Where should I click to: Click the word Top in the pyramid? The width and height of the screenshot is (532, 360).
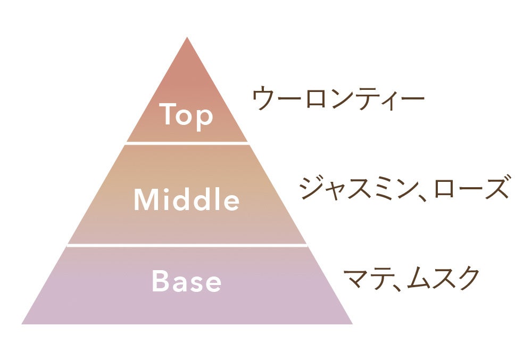[186, 115]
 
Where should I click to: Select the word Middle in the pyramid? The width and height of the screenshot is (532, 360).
[186, 200]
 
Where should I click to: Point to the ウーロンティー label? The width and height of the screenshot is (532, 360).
[338, 99]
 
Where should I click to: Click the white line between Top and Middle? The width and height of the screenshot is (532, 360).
[187, 143]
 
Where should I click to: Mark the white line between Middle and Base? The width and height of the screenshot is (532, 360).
[187, 246]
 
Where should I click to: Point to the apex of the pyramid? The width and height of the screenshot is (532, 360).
[187, 38]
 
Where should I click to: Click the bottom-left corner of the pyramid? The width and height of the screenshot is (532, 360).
[23, 323]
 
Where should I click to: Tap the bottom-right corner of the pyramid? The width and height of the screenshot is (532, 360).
[351, 323]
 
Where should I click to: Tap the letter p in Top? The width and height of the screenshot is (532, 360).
[204, 118]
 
